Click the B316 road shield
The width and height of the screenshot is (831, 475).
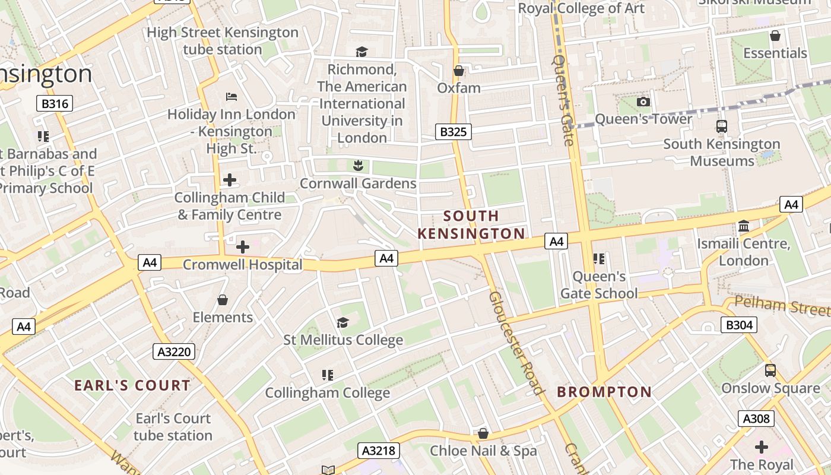55,104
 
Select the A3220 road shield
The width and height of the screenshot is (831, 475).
175,351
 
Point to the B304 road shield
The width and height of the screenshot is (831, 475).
739,325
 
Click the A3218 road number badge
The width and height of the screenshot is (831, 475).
378,451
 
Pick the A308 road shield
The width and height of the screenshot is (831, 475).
756,419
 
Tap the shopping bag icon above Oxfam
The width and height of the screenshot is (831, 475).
458,71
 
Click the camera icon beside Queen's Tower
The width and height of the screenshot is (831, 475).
643,102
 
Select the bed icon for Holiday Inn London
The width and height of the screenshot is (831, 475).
231,96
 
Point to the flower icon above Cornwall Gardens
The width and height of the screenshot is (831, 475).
357,165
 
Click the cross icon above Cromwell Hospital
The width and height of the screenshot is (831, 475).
242,247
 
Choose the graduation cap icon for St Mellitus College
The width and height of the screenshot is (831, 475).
342,322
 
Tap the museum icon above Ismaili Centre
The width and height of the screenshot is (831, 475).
743,226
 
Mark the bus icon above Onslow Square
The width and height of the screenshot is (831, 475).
770,370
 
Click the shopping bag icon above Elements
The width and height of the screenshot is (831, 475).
223,300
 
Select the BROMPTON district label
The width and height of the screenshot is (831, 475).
604,392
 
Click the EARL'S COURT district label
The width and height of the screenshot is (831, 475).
132,385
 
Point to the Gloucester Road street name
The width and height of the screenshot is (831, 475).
516,343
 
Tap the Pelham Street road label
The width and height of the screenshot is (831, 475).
782,306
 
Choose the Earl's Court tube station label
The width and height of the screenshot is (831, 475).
173,427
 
